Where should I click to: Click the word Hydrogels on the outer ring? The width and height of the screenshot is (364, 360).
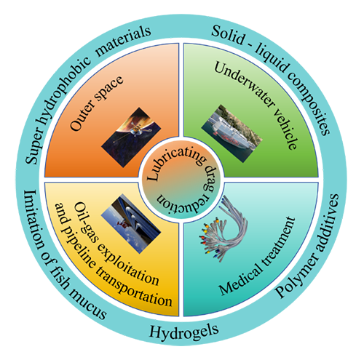pos(183,331)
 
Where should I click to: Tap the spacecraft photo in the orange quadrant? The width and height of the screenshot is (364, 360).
pos(131,137)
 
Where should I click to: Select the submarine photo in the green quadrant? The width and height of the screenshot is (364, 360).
pos(232,134)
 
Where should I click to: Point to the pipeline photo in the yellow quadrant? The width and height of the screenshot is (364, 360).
pos(131,223)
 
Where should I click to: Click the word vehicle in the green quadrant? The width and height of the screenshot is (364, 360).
pos(286,129)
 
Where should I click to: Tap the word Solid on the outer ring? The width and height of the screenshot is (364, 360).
pos(228,36)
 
